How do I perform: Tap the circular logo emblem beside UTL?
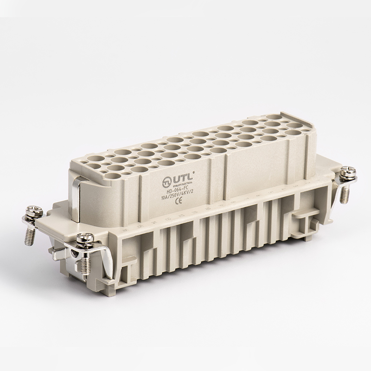pyautogui.click(x=166, y=179)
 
